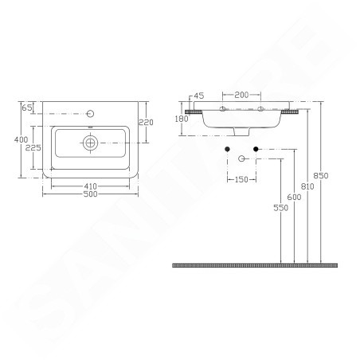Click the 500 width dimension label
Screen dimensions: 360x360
(x=90, y=194)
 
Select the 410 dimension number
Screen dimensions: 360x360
(x=90, y=186)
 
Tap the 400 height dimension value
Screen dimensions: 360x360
(x=22, y=139)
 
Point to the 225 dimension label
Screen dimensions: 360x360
(x=33, y=147)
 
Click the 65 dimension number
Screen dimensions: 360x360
(x=26, y=108)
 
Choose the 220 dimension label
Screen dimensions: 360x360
(x=147, y=123)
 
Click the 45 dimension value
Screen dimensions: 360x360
(x=199, y=96)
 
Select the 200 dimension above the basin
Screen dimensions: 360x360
(x=241, y=95)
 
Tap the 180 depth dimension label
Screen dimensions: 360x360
(x=182, y=119)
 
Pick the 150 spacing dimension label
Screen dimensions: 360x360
(x=241, y=180)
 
